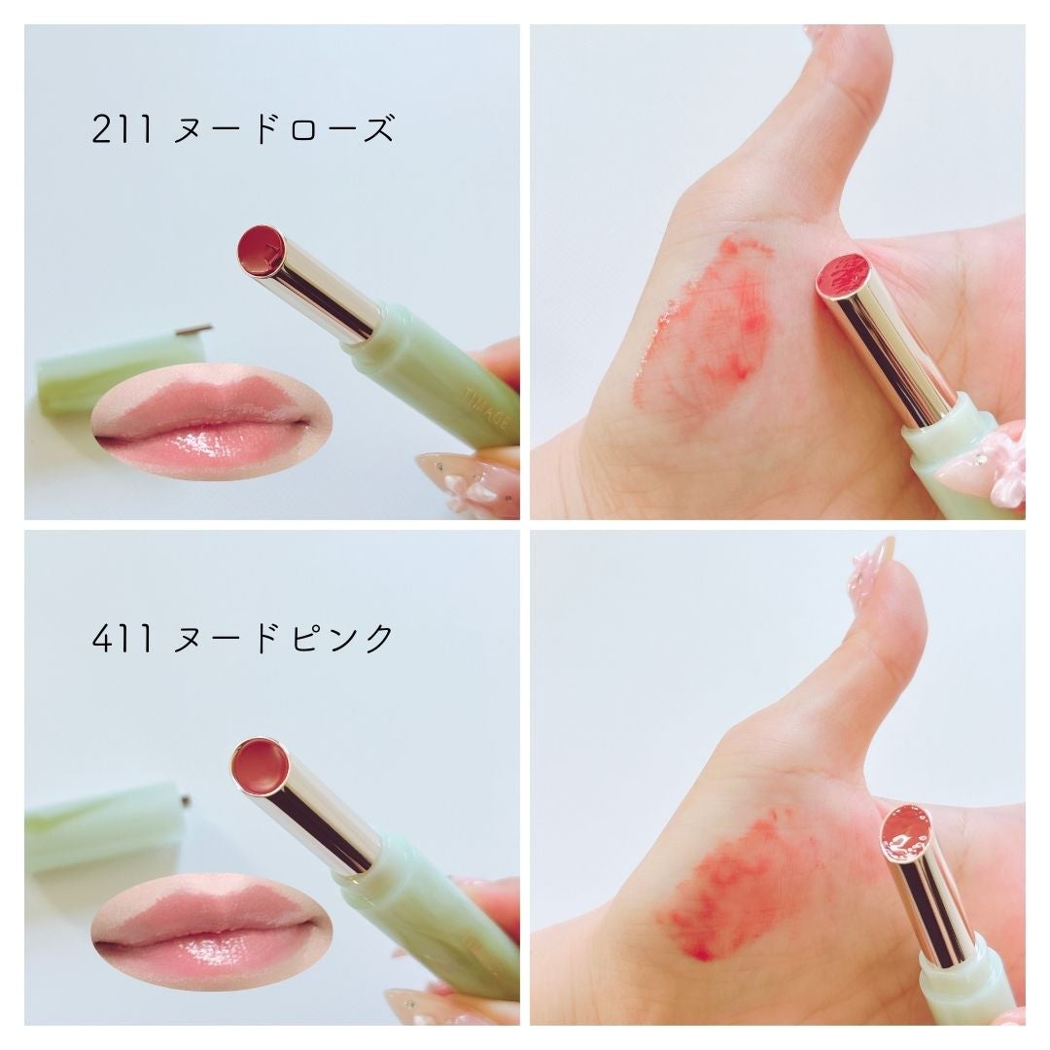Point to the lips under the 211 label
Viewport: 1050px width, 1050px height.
pyautogui.click(x=211, y=421)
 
